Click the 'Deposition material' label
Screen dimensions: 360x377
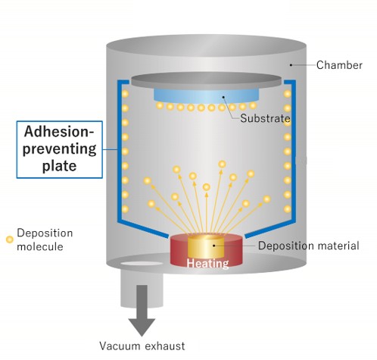click(x=308, y=246)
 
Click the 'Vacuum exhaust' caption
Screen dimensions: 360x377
click(x=142, y=346)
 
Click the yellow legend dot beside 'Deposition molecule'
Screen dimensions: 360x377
click(x=9, y=239)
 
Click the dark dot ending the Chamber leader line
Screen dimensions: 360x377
click(x=290, y=66)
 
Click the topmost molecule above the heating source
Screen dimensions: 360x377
click(x=222, y=163)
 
